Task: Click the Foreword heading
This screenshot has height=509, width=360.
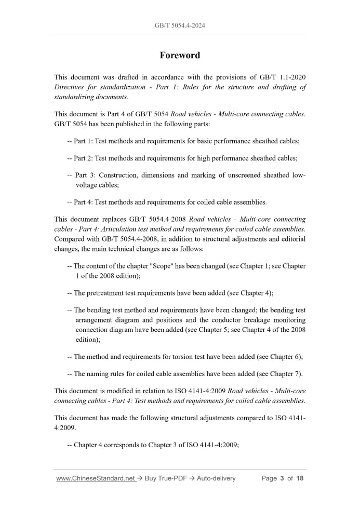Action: (180, 55)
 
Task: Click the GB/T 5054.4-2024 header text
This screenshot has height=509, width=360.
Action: (180, 25)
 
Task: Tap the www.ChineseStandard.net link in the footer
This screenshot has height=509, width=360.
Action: (96, 478)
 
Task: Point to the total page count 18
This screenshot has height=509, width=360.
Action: (299, 478)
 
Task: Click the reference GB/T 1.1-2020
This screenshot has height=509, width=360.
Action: (283, 77)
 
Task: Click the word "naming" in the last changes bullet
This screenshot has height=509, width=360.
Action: (99, 373)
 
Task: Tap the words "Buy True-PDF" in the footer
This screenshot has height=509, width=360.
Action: (165, 478)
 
